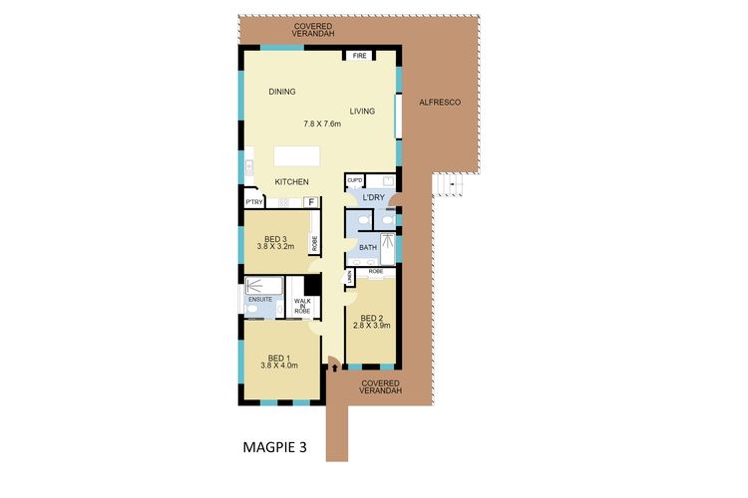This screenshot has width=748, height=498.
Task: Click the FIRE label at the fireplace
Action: (x=359, y=57)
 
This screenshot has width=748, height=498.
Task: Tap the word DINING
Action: (x=282, y=93)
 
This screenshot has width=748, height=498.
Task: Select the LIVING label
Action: (x=362, y=112)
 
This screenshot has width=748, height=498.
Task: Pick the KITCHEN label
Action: (x=292, y=181)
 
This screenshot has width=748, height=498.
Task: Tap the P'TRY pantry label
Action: (x=253, y=202)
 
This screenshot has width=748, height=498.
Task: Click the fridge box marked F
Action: (x=311, y=202)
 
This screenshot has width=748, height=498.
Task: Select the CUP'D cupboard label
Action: (x=354, y=181)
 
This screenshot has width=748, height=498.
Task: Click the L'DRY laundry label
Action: (x=373, y=198)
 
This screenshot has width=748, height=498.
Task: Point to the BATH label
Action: (x=368, y=247)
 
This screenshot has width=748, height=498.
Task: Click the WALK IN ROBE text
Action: (x=301, y=306)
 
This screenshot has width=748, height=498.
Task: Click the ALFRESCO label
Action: (x=439, y=103)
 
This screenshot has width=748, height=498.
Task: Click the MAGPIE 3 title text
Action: (x=274, y=447)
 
